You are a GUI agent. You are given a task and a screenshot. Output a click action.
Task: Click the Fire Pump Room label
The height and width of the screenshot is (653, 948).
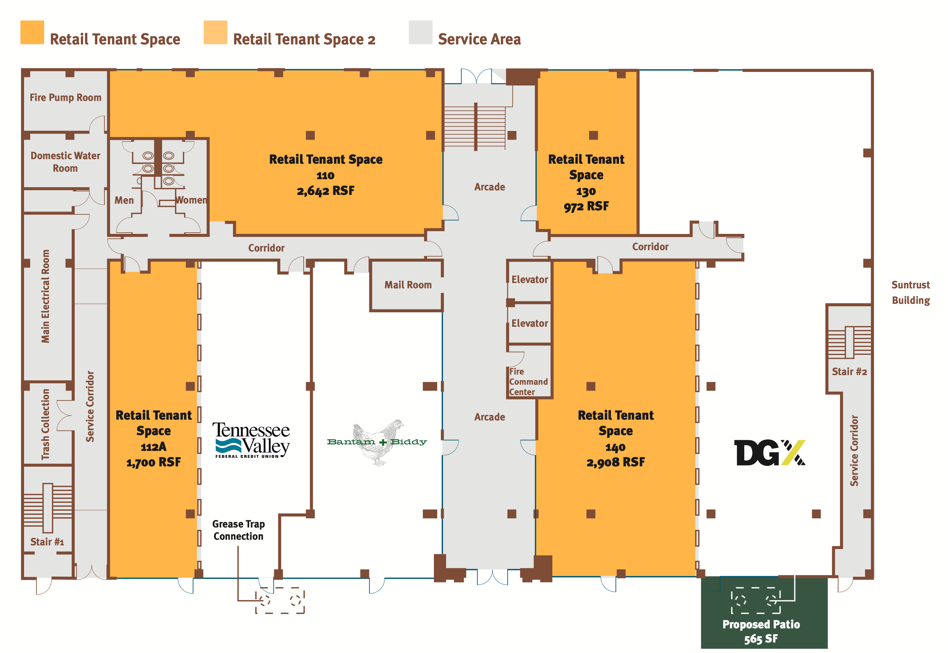pos(66,97)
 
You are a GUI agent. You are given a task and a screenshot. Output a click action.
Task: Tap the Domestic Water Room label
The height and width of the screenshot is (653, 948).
pos(66,161)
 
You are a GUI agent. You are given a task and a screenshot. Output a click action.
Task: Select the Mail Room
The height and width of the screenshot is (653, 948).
pos(408,285)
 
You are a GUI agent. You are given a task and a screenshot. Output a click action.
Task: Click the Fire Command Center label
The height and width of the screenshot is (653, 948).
pos(528,382)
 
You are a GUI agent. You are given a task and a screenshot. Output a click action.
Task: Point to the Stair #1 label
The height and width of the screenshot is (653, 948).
pos(47,542)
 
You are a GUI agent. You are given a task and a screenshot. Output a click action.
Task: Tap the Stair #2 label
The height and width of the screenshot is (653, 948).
pos(849,371)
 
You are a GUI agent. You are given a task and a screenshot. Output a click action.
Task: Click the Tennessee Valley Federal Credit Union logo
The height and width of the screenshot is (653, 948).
pos(251,440)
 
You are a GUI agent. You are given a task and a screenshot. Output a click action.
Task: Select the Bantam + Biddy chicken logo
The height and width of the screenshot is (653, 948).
pos(377,442)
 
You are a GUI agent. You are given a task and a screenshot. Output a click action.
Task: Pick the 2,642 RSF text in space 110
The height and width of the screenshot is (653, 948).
pos(325,191)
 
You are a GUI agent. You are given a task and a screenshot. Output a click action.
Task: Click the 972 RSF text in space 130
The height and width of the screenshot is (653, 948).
pos(586,206)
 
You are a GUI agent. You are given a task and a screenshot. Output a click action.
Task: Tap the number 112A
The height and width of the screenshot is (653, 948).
pos(154,447)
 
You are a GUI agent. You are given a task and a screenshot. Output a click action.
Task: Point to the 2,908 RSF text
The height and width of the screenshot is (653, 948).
pos(615,462)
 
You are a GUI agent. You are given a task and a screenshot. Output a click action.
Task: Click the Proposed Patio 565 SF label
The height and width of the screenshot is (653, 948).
pos(761,631)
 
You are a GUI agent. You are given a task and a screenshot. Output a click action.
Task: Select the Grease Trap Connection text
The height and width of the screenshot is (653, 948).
pos(239,530)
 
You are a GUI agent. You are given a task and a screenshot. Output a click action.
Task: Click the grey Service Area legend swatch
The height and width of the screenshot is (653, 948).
pos(421,32)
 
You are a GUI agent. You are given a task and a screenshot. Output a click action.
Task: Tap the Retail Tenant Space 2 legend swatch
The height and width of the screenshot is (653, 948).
pos(215,32)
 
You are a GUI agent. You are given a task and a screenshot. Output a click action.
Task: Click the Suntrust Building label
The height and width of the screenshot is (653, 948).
pos(911,293)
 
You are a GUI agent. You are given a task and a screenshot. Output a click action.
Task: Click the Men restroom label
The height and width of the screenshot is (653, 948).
pos(124,200)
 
